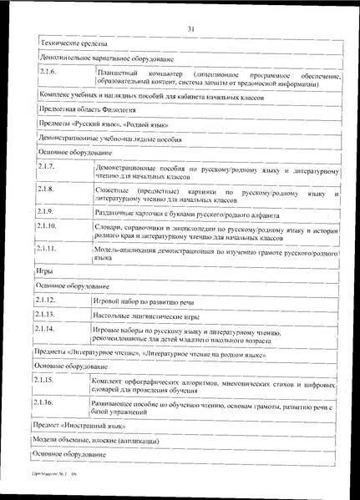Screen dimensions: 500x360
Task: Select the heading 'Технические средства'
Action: (72, 43)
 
